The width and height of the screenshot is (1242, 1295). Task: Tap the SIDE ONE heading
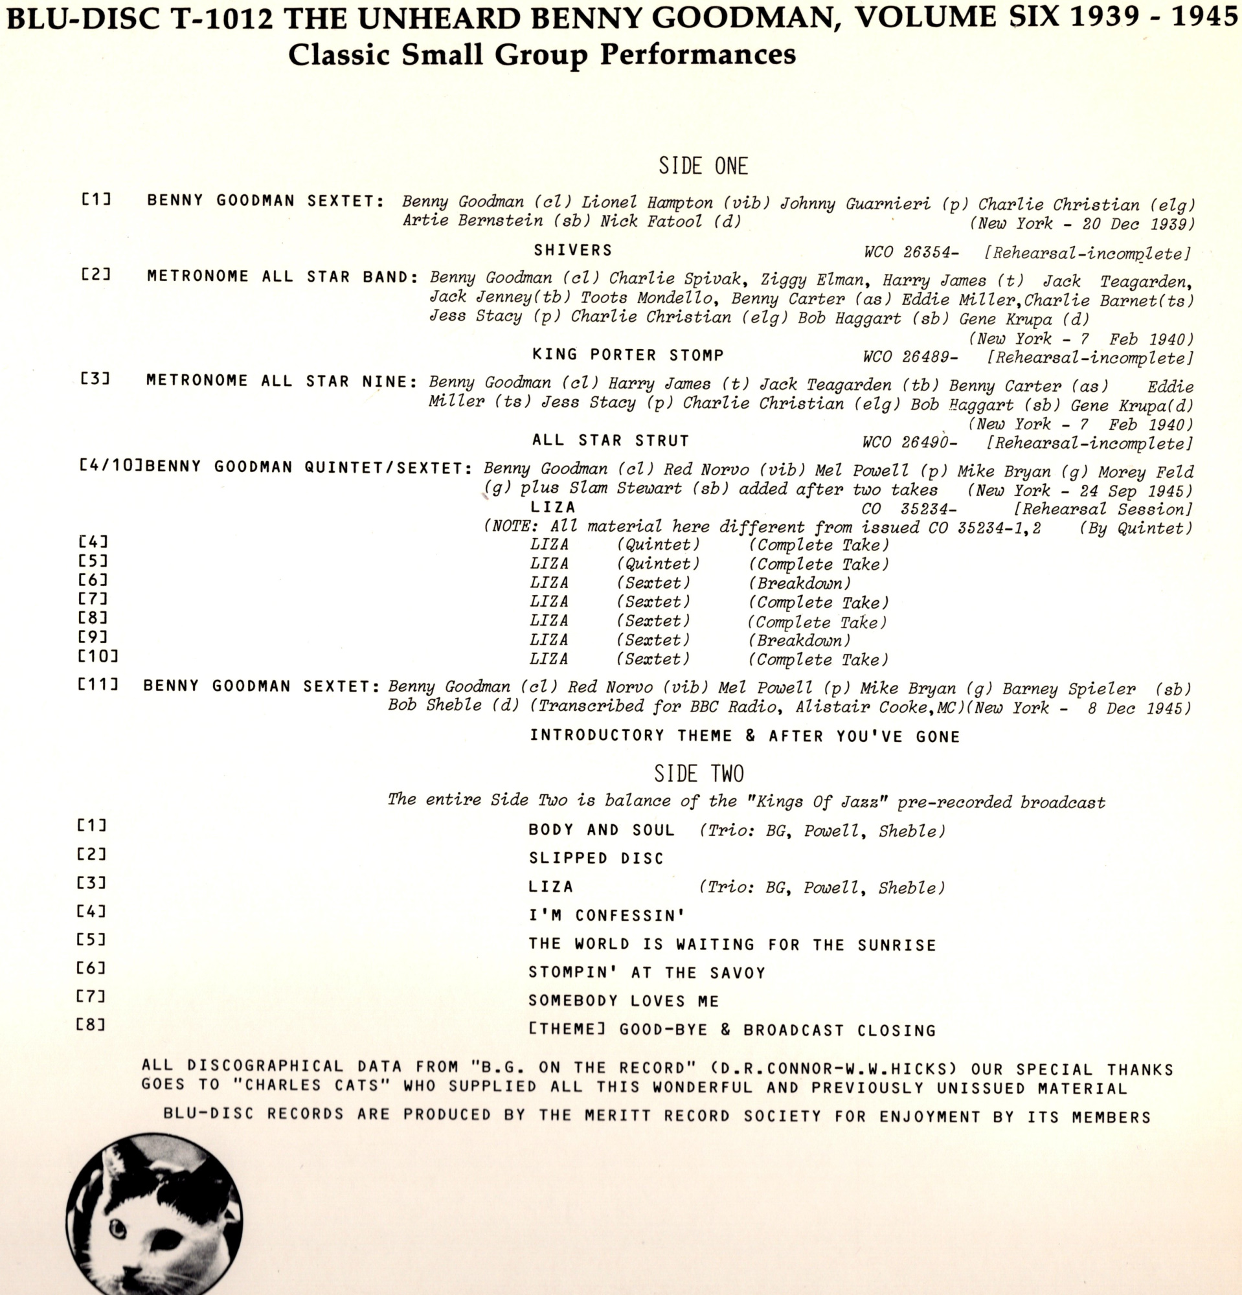pyautogui.click(x=703, y=166)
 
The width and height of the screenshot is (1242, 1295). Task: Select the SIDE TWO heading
pyautogui.click(x=699, y=774)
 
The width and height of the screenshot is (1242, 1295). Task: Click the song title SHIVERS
pyautogui.click(x=573, y=251)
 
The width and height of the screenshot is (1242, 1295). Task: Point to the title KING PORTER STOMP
pyautogui.click(x=628, y=355)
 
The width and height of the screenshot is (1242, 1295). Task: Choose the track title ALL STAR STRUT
pyautogui.click(x=611, y=441)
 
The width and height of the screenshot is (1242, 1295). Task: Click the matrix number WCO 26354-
pyautogui.click(x=911, y=253)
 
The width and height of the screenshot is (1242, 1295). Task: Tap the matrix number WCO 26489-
pyautogui.click(x=910, y=357)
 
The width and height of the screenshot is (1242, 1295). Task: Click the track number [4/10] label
pyautogui.click(x=111, y=466)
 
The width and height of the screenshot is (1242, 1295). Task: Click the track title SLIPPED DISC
pyautogui.click(x=596, y=859)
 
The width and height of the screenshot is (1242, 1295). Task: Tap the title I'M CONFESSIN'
pyautogui.click(x=607, y=916)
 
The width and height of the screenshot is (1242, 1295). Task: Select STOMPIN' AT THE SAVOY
pyautogui.click(x=647, y=973)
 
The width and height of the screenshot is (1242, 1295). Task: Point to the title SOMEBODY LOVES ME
pyautogui.click(x=624, y=1001)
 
